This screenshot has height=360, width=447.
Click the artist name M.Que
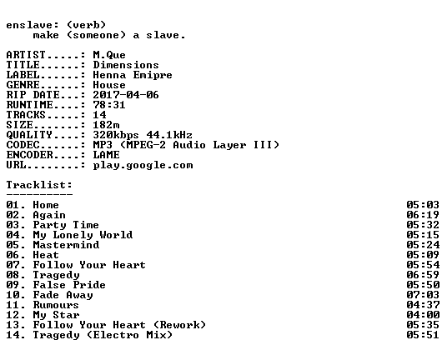click(109, 55)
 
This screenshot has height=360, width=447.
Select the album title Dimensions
click(126, 65)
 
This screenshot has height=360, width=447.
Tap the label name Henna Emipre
click(133, 75)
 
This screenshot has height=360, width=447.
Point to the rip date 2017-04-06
click(126, 95)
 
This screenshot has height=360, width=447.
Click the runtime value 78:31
click(109, 105)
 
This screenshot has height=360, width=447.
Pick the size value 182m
click(106, 125)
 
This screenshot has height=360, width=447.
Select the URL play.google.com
click(143, 165)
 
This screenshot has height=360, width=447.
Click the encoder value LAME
click(106, 155)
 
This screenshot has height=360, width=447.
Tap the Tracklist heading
click(39, 185)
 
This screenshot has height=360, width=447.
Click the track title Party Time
click(66, 225)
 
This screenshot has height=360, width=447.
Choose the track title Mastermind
click(66, 245)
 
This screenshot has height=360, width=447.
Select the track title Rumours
click(56, 305)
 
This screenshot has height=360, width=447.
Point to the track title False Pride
click(69, 285)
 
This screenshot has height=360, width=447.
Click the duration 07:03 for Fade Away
click(423, 295)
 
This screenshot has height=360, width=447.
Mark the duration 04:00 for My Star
click(423, 315)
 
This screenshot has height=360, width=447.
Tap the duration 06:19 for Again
click(423, 215)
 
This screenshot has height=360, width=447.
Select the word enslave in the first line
click(29, 25)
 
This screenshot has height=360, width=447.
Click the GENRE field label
click(23, 85)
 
